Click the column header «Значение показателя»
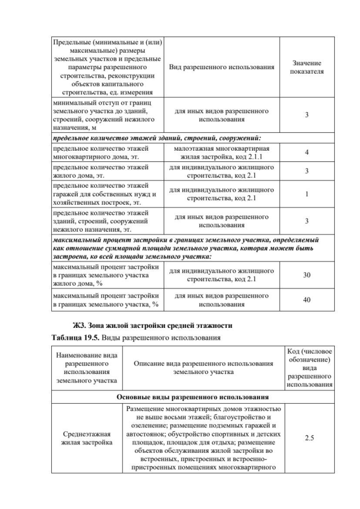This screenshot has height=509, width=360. point(307,67)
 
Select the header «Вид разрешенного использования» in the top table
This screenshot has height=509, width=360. point(222,67)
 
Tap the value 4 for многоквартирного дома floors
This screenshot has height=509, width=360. point(307,152)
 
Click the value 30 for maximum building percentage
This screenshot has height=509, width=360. point(307,275)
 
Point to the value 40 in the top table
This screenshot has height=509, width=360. point(307,300)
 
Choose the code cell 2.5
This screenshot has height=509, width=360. point(309,437)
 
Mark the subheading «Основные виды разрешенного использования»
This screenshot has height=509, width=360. point(191,397)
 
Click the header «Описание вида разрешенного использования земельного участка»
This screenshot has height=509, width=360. point(203,368)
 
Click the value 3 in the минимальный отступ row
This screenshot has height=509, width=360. point(307,115)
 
